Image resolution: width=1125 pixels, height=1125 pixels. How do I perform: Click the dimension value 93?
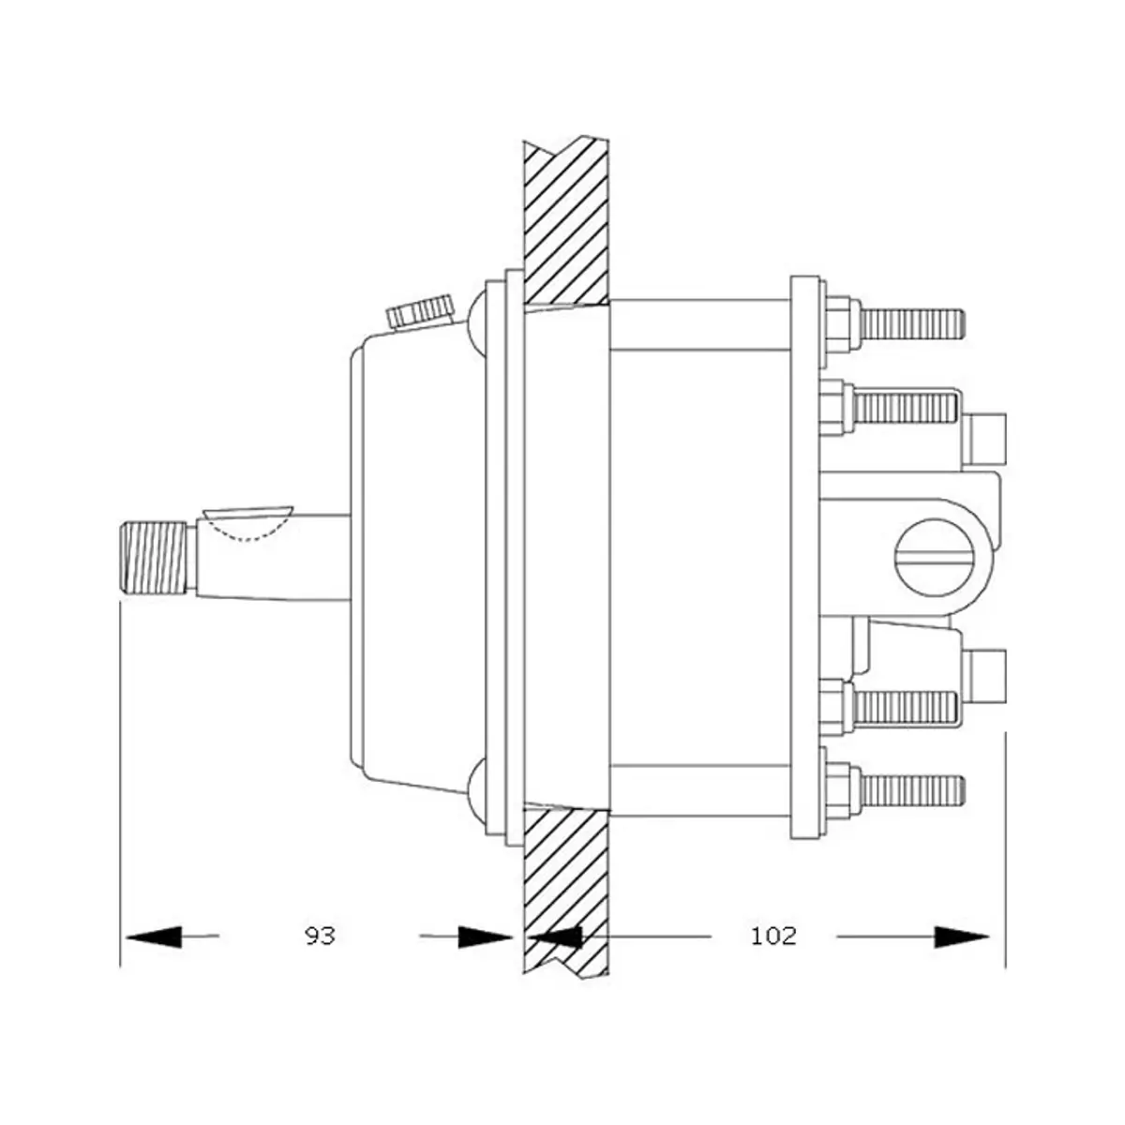click(320, 936)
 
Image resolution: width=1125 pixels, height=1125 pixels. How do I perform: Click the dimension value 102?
click(773, 936)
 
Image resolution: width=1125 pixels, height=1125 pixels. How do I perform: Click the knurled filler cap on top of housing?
click(421, 311)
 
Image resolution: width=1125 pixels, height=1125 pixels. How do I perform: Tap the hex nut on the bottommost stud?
click(840, 790)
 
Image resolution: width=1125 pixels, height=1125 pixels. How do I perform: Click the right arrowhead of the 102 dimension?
click(962, 936)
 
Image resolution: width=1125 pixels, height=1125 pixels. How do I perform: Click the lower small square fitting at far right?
click(986, 677)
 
